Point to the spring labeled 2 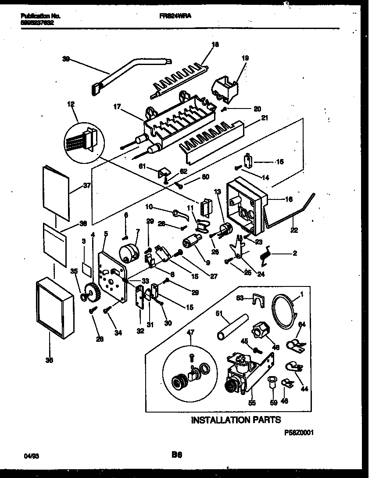266,254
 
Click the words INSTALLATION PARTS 236,420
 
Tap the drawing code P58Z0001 299,432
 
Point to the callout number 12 71,104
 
